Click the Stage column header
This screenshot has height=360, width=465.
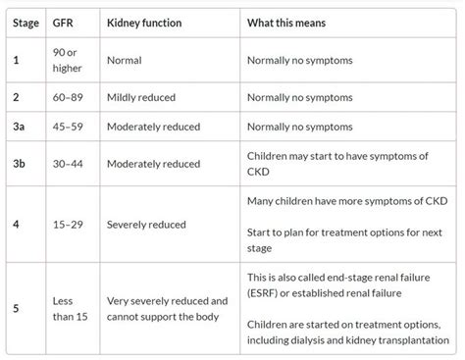[27, 23]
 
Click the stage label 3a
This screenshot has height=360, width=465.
[20, 126]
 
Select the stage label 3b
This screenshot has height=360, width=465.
[20, 161]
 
